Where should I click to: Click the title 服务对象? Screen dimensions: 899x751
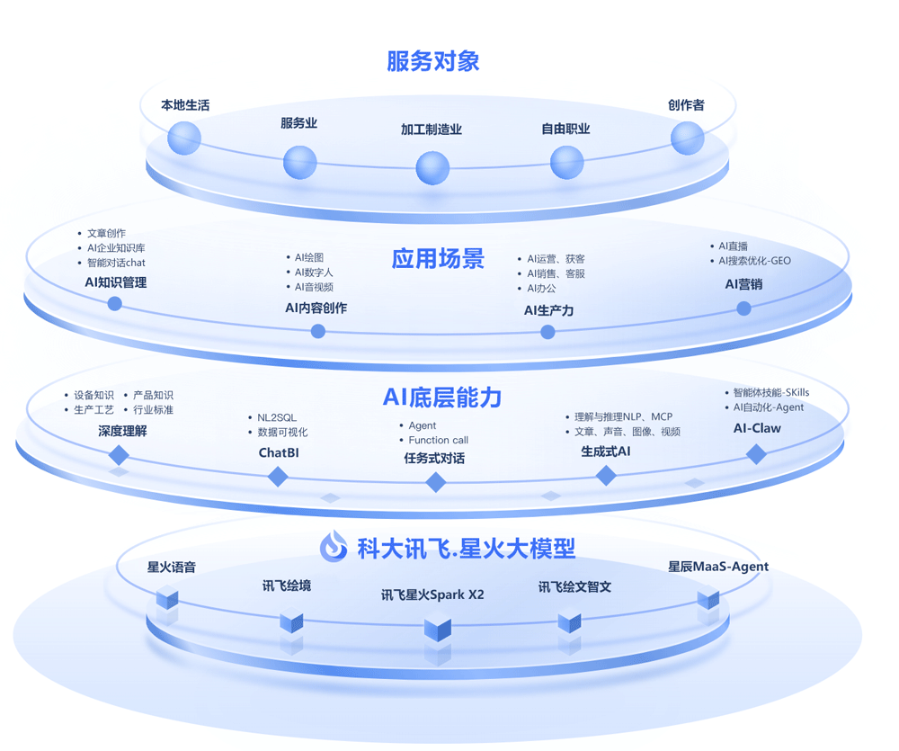point(433,61)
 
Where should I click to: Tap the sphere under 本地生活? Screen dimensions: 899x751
point(184,139)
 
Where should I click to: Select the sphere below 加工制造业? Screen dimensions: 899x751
point(432,167)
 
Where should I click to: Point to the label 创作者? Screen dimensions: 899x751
point(686,105)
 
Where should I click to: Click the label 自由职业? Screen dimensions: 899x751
point(565,129)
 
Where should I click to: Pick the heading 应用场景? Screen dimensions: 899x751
point(438,259)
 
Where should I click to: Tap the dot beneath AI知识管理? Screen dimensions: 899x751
point(115,303)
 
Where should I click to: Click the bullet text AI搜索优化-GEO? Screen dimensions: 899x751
point(754,261)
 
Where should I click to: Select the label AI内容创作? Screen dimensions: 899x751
point(316,308)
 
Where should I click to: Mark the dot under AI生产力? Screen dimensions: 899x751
point(547,332)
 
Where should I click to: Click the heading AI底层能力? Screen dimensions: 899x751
point(442,397)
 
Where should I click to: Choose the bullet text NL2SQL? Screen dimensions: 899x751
point(277,417)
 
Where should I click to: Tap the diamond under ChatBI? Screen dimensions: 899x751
point(278,476)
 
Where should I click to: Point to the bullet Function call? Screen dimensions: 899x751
point(438,440)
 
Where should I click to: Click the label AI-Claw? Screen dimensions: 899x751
point(757,428)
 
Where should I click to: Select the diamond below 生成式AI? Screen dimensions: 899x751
point(606,476)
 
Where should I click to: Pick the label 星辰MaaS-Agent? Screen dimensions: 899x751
point(717,567)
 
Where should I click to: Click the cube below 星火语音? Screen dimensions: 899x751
point(167,597)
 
